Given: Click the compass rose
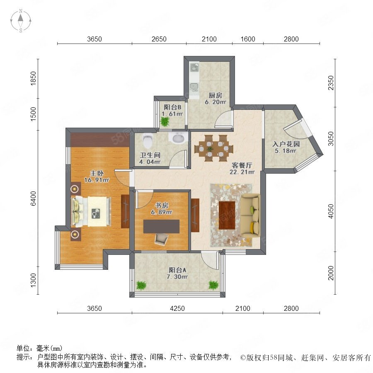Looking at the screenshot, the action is pos(21,21).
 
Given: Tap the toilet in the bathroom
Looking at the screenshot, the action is pos(148,140).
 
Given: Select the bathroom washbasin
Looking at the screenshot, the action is pos(178,138).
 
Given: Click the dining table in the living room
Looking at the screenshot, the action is pos(213,148).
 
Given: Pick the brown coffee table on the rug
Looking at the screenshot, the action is pos(227,215).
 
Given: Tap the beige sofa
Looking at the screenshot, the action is pos(250,216).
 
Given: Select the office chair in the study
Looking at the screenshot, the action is pos(162,239).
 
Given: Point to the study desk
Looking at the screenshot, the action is pos(161,226).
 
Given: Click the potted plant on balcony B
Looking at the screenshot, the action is pos(165,122).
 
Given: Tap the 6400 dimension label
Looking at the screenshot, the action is pos(33,199).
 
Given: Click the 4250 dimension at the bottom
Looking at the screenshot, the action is pos(177,308).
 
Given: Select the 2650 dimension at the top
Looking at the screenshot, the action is pos(159,39).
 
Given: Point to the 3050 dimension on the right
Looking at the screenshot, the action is pos(331,139).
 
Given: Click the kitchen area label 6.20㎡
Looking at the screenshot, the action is pos(216,102).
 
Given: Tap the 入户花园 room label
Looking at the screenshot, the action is pos(286,144).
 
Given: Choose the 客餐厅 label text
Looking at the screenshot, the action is pos(242,165).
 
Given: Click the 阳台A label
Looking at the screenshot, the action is pos(178,270).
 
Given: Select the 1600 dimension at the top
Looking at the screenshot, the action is pos(248,39).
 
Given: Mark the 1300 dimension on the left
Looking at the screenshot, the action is pos(33,280).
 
